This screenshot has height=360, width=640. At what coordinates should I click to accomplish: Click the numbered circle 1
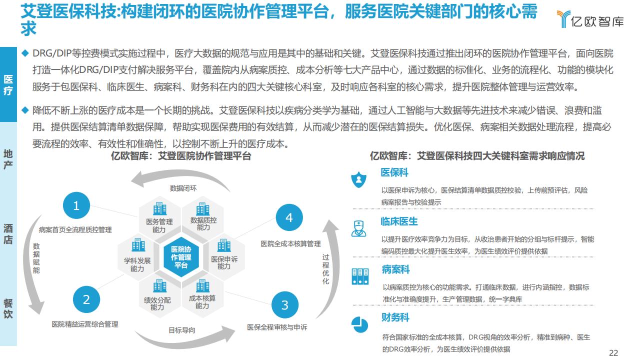(76, 205)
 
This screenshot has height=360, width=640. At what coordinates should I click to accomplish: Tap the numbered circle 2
(86, 299)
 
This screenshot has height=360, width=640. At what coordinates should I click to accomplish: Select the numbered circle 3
(285, 305)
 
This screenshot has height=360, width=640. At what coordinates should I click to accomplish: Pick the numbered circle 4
(289, 217)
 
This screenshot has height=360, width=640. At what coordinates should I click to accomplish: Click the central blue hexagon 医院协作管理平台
(181, 257)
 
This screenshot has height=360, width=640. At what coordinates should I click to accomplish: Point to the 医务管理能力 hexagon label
(159, 225)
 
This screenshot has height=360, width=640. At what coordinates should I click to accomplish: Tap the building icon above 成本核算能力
(203, 286)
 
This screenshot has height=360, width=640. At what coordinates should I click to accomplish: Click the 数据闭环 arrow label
(183, 188)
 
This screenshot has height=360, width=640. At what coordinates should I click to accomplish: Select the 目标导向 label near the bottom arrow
(181, 330)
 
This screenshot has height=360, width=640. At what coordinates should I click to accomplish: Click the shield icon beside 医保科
(358, 179)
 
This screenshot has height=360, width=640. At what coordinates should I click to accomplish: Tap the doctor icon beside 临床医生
(359, 228)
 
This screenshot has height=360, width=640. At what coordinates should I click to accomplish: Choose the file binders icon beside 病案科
(360, 276)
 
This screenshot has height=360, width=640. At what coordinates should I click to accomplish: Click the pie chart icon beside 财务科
(359, 324)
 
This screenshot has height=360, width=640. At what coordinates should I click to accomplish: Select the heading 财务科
(395, 317)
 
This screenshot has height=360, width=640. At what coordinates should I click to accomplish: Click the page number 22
(613, 353)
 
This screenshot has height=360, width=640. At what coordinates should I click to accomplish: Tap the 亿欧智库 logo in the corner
(590, 19)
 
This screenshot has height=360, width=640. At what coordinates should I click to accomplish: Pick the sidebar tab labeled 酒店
(8, 234)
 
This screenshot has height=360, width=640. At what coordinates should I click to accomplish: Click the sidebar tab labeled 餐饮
(8, 308)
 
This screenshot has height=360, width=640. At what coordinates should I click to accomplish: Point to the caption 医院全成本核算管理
(290, 244)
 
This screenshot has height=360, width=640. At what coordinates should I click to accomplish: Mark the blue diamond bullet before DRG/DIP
(25, 53)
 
